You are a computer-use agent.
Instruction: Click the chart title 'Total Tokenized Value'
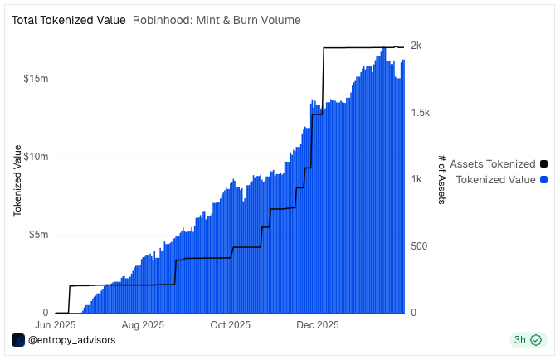point(68,20)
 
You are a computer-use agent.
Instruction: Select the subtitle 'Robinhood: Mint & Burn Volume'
point(217,20)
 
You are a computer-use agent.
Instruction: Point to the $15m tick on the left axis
point(37,79)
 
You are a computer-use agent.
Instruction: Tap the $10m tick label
point(37,157)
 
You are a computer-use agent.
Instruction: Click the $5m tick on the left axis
point(39,235)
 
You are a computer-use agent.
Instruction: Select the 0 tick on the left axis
point(45,313)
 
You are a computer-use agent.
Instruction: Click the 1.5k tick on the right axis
point(421,112)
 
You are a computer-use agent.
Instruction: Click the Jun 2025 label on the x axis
point(56,325)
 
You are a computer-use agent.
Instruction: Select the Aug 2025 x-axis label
point(144,325)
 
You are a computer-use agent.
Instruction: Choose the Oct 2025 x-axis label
point(231,325)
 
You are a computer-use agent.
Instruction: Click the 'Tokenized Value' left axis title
point(17,181)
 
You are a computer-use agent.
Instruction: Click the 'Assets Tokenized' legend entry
point(493,164)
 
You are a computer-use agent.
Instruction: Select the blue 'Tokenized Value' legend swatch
point(544,179)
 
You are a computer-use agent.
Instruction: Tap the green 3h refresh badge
point(528,340)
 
